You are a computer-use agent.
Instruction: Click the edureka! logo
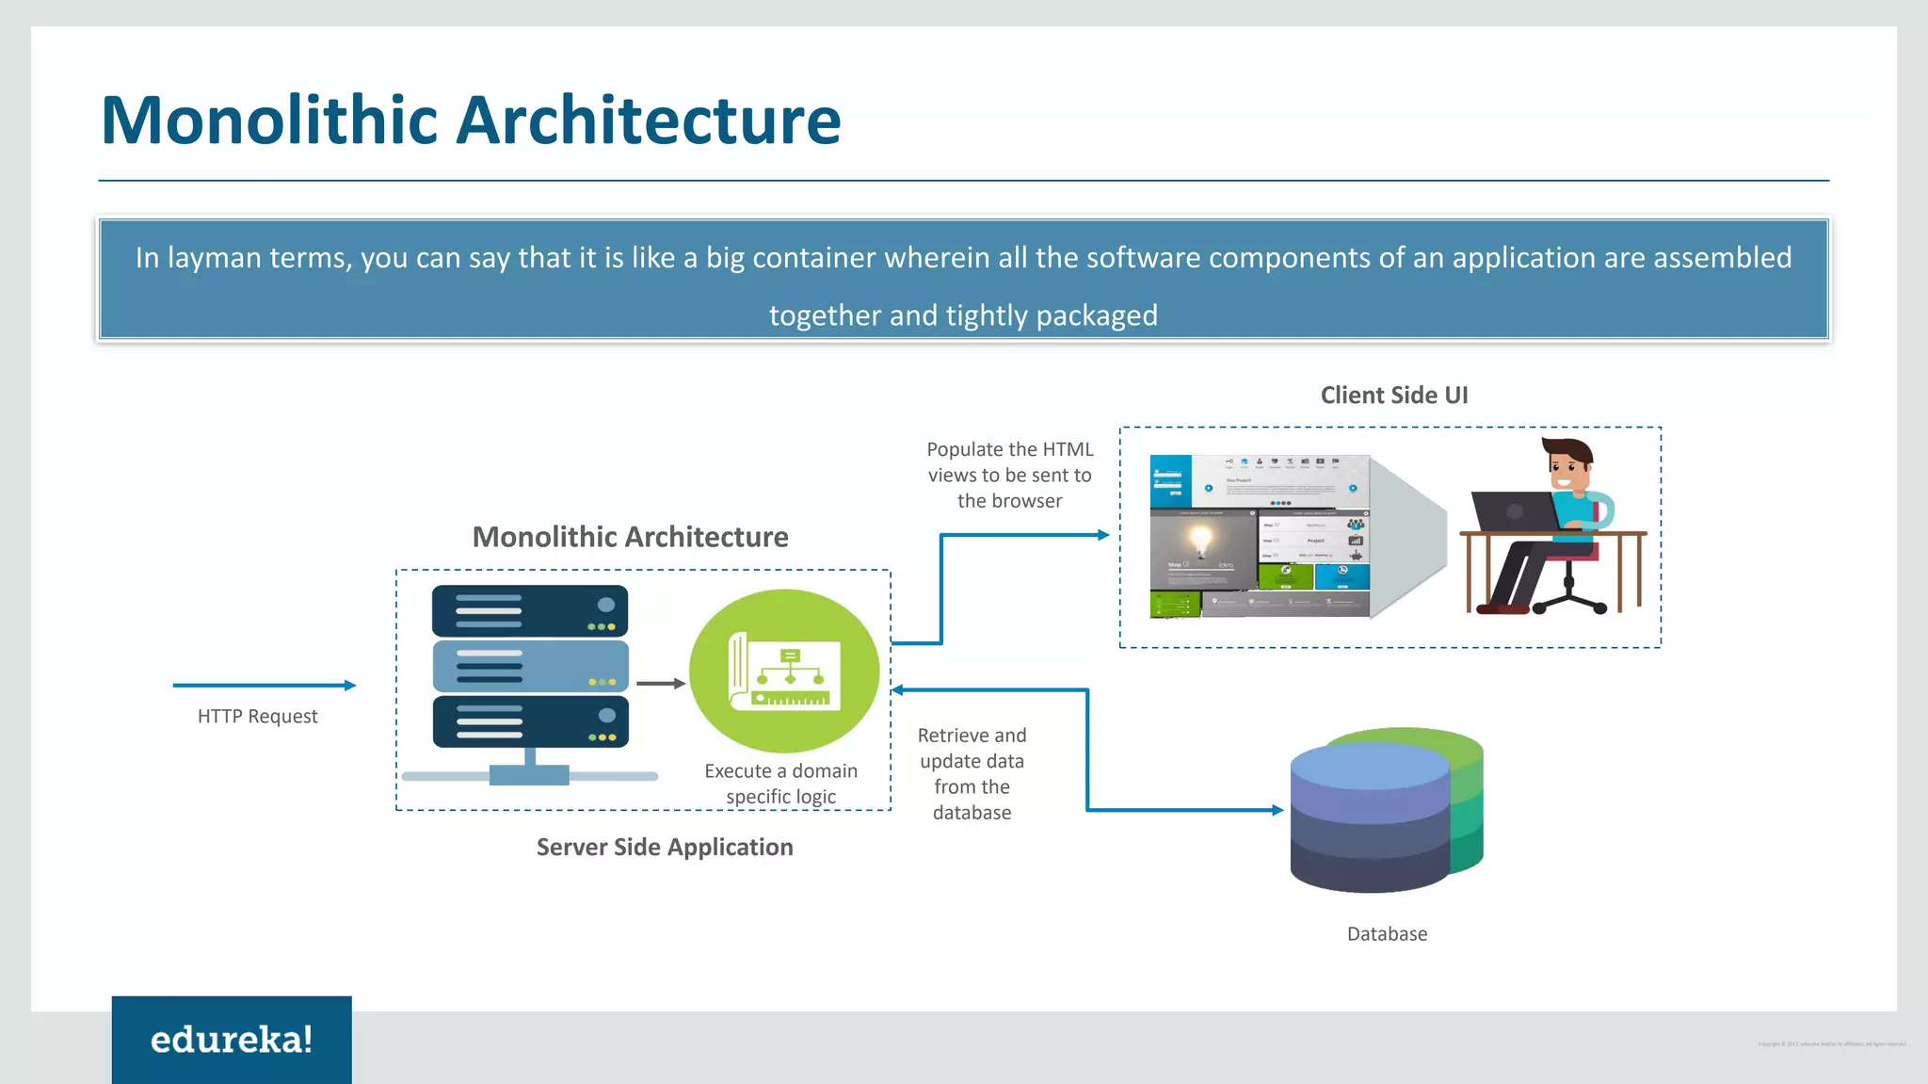tap(232, 1039)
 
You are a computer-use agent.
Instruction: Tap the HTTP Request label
tap(257, 717)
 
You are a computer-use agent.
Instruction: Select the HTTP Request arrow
tap(264, 686)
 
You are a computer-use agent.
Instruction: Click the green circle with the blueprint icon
tap(784, 670)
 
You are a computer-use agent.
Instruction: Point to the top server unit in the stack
tap(530, 610)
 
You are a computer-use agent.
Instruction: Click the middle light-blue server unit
tap(530, 666)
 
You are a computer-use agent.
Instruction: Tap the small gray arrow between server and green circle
tap(660, 684)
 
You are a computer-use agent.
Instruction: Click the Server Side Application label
tap(665, 847)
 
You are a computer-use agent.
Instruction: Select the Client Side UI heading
tap(1393, 396)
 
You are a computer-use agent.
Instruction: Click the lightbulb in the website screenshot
tap(1200, 541)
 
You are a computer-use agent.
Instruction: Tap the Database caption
tap(1387, 934)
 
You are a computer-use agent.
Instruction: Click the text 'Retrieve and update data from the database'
tap(972, 773)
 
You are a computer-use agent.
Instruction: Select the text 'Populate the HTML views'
tap(1009, 461)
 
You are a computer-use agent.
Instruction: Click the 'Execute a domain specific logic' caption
tap(780, 784)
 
